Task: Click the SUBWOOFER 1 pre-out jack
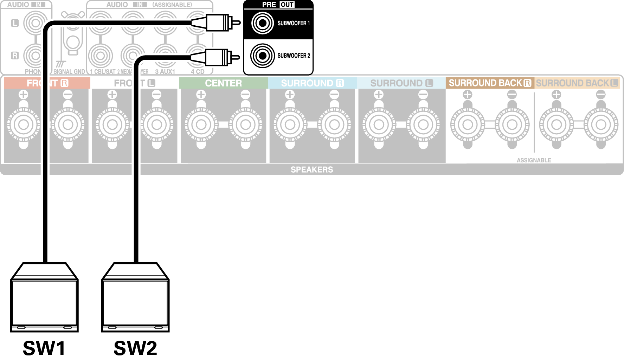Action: pos(262,23)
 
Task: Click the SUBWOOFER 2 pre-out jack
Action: pos(262,56)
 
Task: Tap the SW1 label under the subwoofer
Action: pos(44,348)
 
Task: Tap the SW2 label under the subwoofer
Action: pos(135,348)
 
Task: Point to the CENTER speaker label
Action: pos(224,83)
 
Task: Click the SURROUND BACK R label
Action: pos(490,83)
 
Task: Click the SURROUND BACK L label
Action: pos(577,83)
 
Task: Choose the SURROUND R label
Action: pos(312,83)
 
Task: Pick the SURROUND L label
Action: pos(401,83)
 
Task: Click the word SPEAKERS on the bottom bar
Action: pos(312,169)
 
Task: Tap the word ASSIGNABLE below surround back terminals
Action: pos(534,160)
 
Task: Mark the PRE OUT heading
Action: pos(278,5)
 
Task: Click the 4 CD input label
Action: pos(198,72)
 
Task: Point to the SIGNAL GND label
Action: pos(69,72)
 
